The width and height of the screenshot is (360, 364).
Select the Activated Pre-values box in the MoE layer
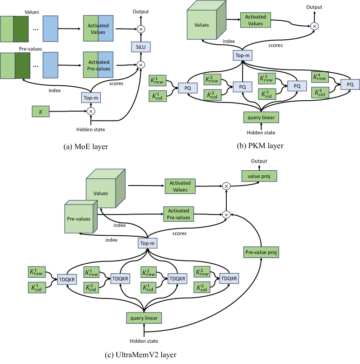pos(98,65)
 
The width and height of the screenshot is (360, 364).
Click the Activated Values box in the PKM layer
pos(256,19)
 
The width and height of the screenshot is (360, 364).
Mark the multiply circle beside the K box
pos(91,111)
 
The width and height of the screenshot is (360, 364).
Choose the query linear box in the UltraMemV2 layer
pos(144,318)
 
